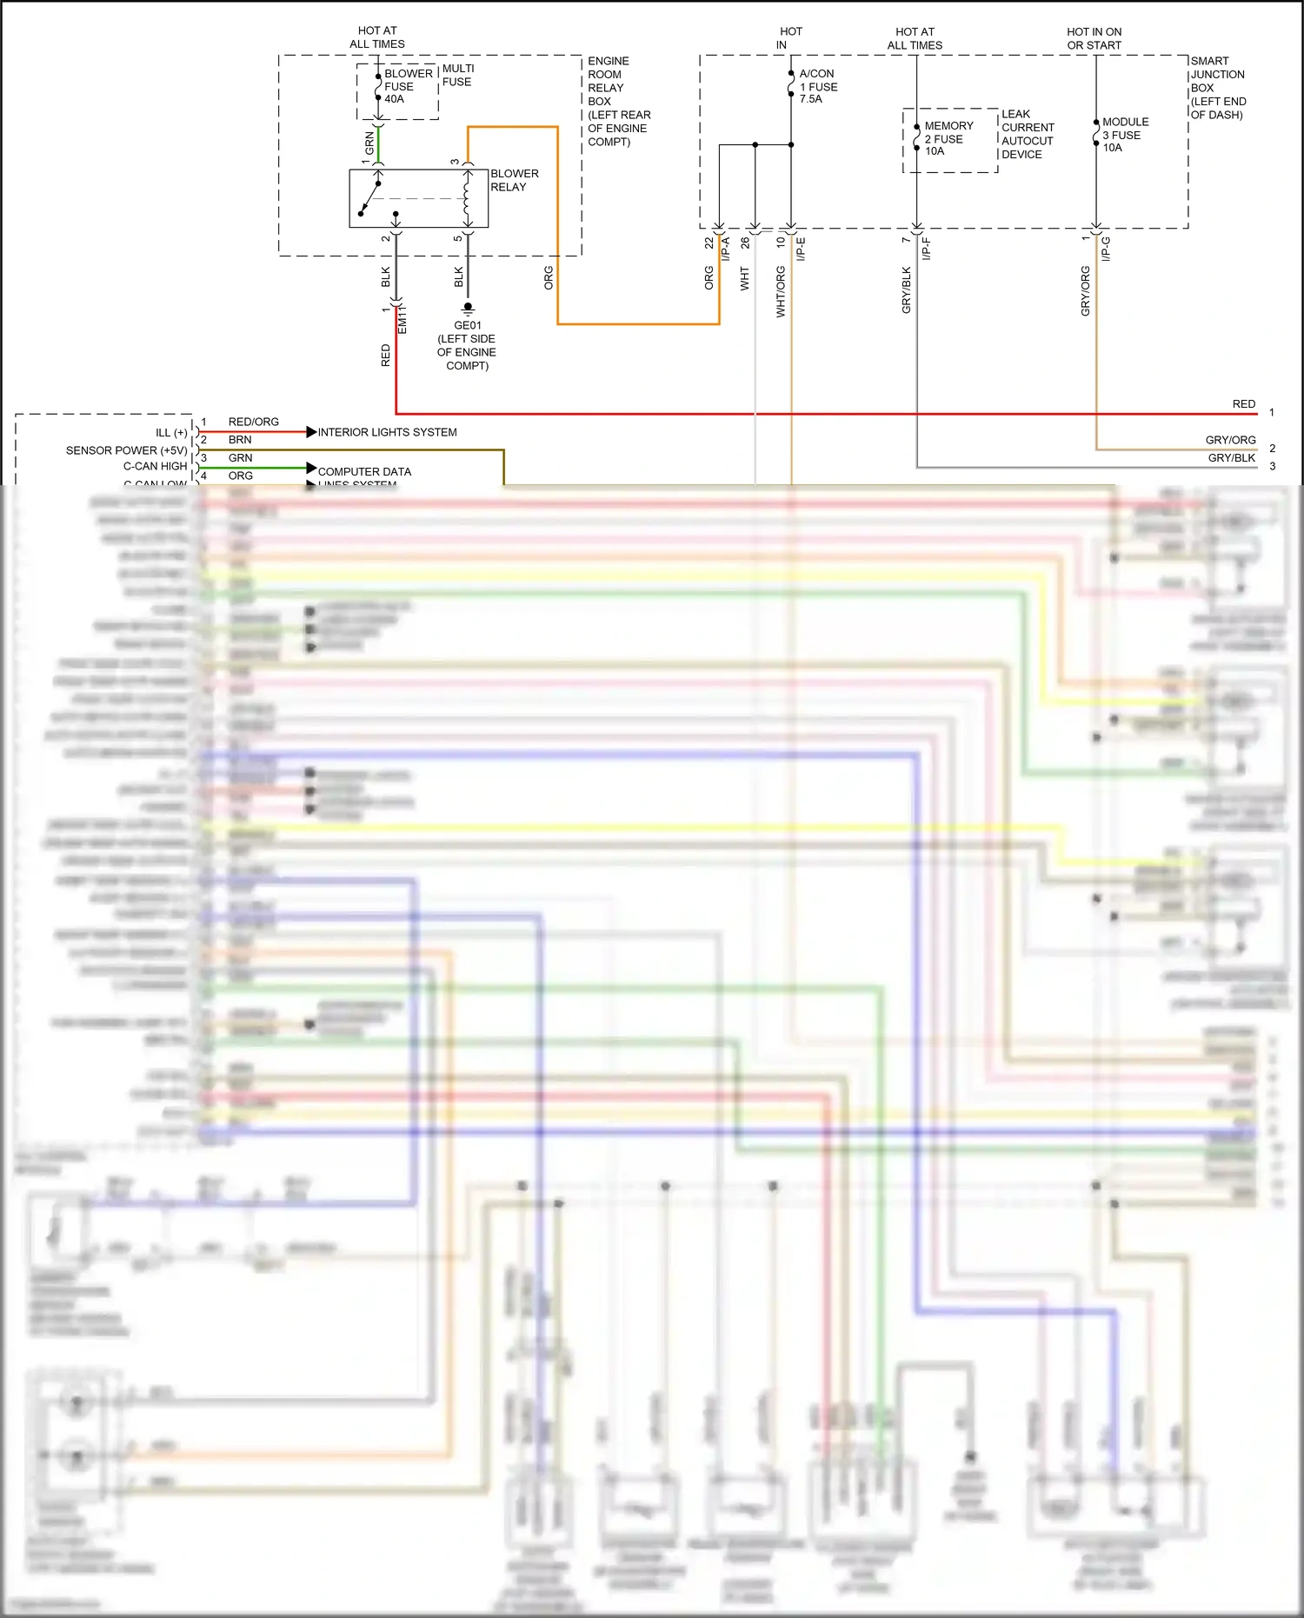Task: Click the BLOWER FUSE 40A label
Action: point(407,86)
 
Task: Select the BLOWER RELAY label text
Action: point(514,180)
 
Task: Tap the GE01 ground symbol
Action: point(468,308)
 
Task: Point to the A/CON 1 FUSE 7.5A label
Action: point(818,86)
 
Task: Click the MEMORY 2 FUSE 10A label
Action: point(948,138)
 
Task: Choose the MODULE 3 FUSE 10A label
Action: point(1125,135)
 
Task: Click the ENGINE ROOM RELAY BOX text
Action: point(618,101)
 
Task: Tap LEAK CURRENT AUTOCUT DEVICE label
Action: point(1027,134)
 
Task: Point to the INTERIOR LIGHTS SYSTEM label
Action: point(387,432)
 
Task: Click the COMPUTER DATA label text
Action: point(364,471)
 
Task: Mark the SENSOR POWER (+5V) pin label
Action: point(126,450)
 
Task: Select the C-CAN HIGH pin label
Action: point(155,466)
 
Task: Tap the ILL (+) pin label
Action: point(171,432)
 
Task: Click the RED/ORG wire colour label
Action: point(253,422)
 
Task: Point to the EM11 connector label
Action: point(403,319)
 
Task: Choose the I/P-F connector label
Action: point(927,249)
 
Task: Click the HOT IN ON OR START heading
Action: point(1094,38)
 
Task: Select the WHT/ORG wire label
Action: point(781,291)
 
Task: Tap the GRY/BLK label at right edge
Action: point(1231,458)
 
